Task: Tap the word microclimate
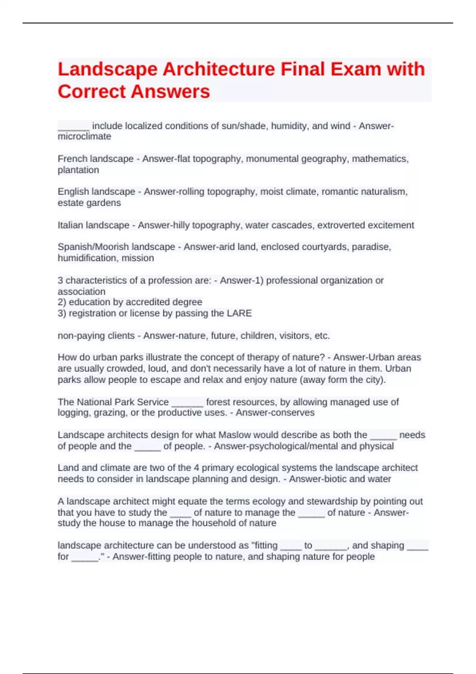84,136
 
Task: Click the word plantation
78,170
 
